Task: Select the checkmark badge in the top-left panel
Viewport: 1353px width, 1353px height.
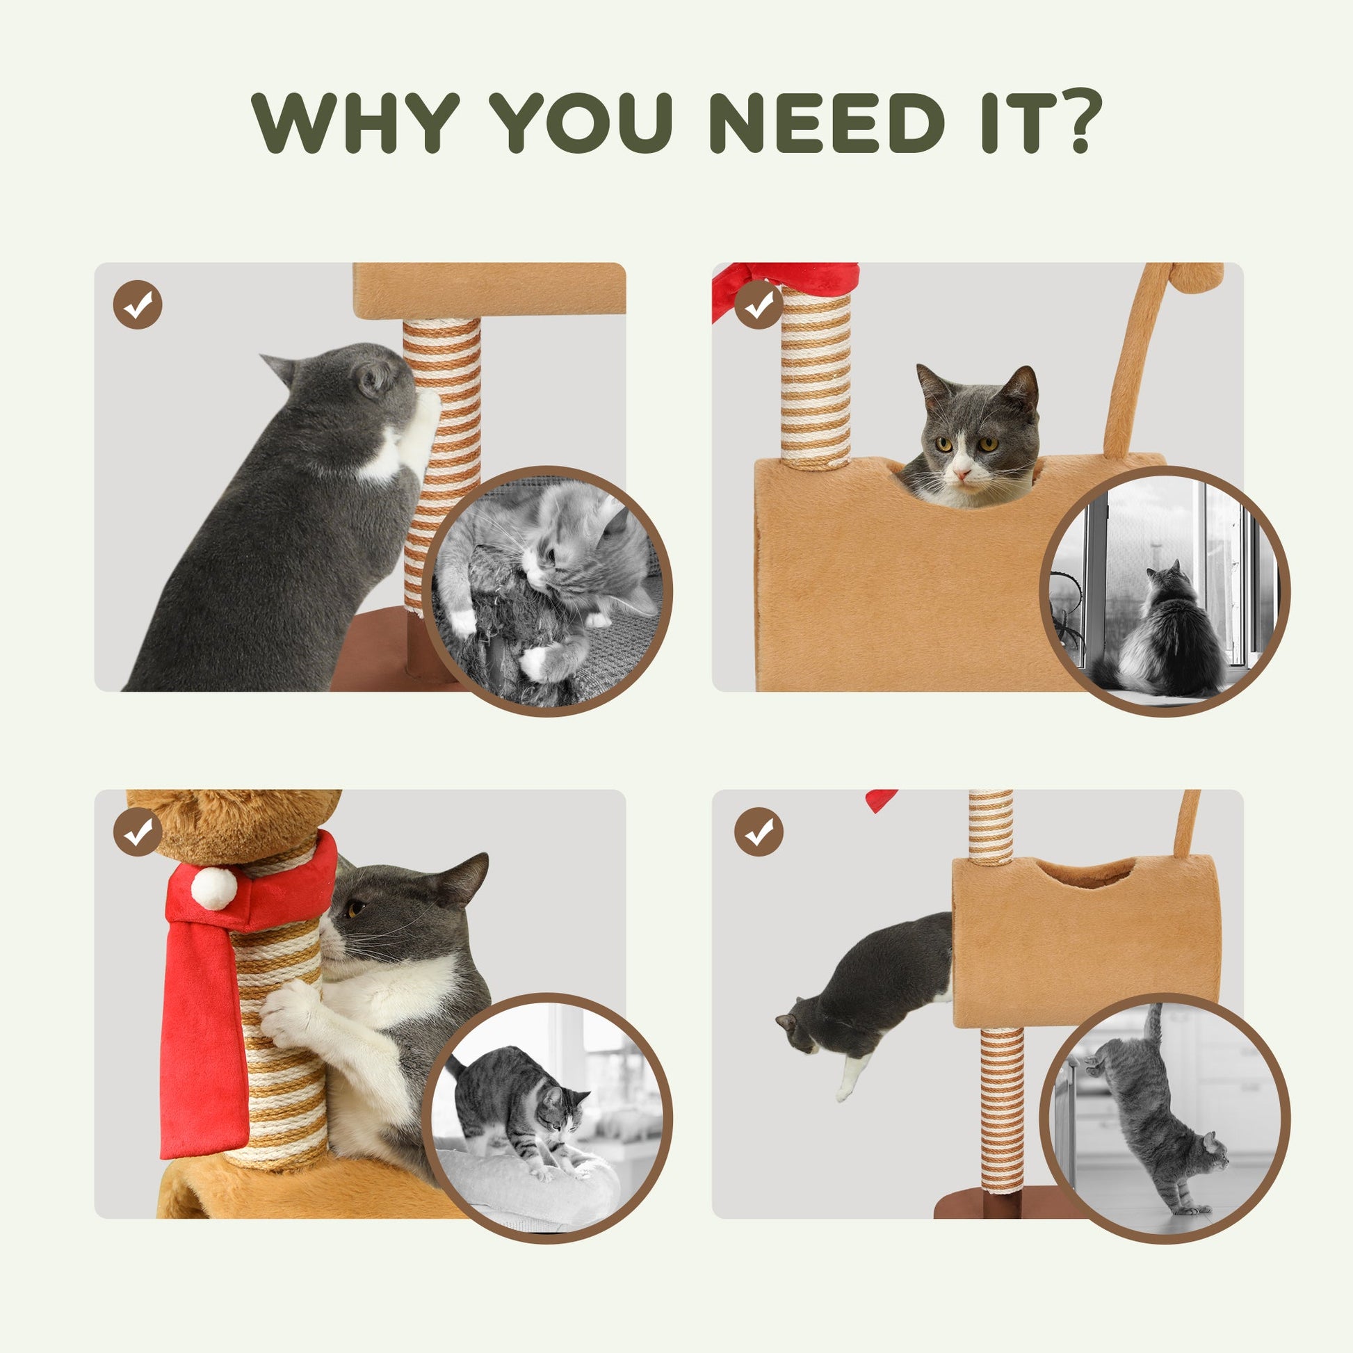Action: tap(137, 305)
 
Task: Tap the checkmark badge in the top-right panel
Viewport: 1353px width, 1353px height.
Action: tap(759, 305)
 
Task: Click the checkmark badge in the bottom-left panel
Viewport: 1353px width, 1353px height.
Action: tap(137, 832)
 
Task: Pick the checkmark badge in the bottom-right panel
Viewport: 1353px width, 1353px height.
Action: tap(759, 832)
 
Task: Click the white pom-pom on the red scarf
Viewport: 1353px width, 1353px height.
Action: tap(213, 887)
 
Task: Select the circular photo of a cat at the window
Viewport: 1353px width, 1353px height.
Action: tap(1165, 590)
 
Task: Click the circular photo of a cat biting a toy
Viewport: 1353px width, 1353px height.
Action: tap(548, 590)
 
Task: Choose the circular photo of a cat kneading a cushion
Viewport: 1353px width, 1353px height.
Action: tap(548, 1118)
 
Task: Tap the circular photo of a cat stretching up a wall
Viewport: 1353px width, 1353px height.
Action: tap(1165, 1118)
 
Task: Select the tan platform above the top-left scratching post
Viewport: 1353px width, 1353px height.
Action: tap(489, 289)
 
